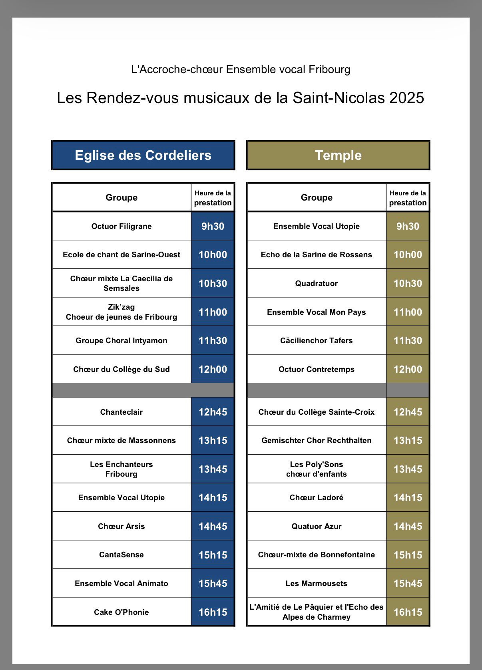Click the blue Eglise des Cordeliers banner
143,155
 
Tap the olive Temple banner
338,155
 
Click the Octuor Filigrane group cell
121,226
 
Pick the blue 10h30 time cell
213,283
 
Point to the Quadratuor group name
317,283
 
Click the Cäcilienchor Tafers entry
317,340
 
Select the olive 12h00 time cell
408,369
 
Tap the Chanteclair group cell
121,412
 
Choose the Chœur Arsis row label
121,526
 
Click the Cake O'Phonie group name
121,612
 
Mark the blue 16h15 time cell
213,612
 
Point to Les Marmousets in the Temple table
317,583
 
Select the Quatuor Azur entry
317,526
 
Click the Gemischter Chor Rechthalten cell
317,440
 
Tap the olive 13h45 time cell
408,469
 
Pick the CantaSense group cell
121,555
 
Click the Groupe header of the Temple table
317,197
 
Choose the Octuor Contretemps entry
317,369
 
